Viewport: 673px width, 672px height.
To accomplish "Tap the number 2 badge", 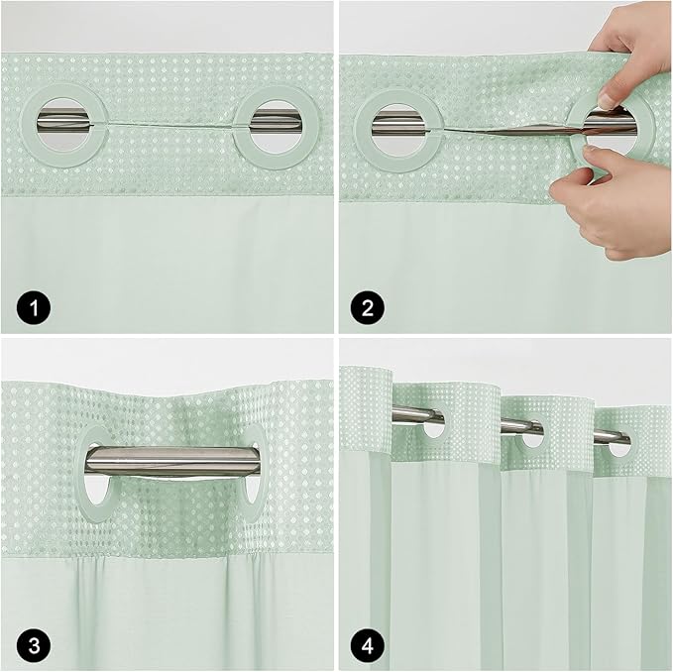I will [x=369, y=307].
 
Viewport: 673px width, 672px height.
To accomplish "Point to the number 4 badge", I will [x=369, y=645].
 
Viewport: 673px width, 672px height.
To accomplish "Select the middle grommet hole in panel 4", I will [x=534, y=436].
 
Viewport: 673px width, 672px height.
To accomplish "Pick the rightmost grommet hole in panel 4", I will [x=620, y=446].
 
